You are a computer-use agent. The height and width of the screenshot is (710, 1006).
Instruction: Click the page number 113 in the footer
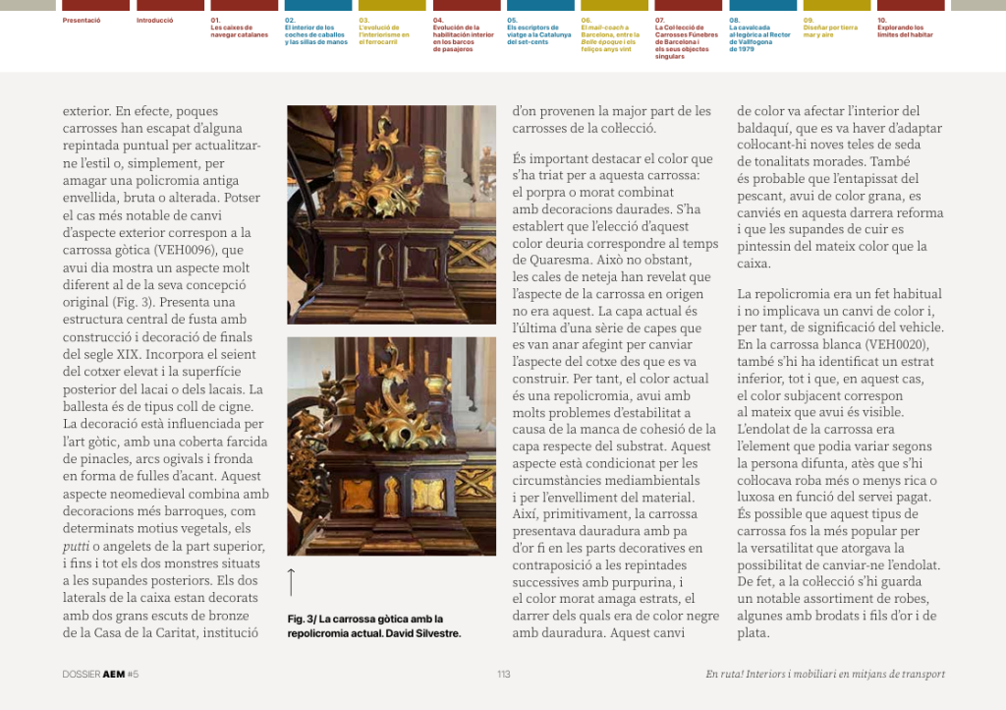[x=503, y=675]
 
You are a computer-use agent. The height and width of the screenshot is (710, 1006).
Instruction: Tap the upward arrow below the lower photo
[x=292, y=581]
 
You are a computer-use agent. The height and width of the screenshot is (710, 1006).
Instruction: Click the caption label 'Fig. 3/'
[x=302, y=619]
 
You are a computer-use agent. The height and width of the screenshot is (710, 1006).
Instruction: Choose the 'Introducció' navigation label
[x=155, y=20]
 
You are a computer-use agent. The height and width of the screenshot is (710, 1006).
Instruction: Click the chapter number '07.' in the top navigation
[x=660, y=20]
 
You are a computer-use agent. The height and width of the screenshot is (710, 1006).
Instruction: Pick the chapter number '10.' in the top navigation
[x=882, y=20]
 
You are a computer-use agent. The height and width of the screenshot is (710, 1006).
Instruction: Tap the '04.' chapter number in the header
[x=438, y=20]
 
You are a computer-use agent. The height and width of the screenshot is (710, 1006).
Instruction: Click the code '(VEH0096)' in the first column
[x=206, y=250]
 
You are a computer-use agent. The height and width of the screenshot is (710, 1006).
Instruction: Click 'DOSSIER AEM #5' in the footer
[x=100, y=675]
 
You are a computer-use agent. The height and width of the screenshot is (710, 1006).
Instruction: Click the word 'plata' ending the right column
[x=753, y=633]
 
